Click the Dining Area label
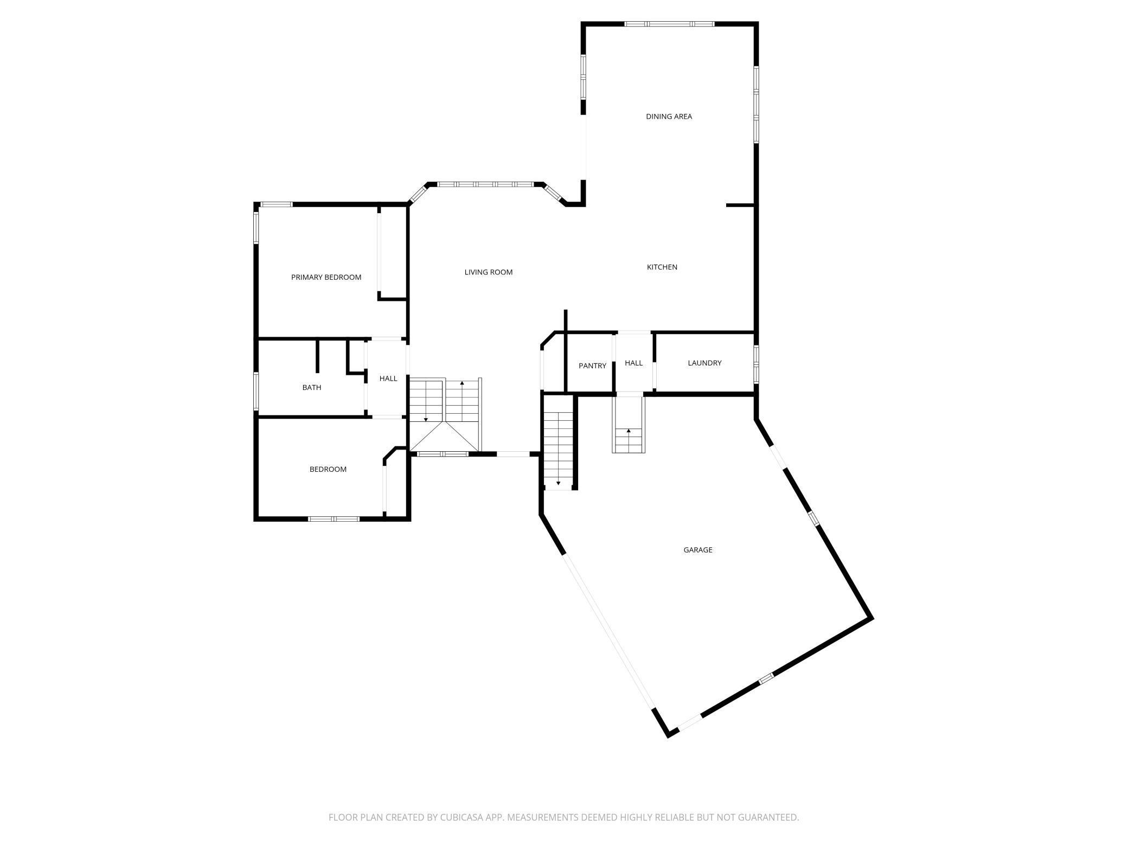pos(669,117)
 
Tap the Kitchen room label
pos(662,267)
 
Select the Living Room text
pos(489,272)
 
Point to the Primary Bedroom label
pos(326,278)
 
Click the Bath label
pos(312,388)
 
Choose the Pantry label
pos(592,366)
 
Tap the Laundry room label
pos(704,363)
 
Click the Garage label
pos(698,550)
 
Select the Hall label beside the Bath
pos(388,379)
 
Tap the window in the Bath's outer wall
pos(256,390)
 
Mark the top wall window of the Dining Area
pos(669,24)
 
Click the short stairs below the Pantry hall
pos(629,425)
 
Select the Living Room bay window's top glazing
pos(486,184)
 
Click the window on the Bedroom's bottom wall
pos(334,519)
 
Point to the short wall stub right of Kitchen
pos(740,206)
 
